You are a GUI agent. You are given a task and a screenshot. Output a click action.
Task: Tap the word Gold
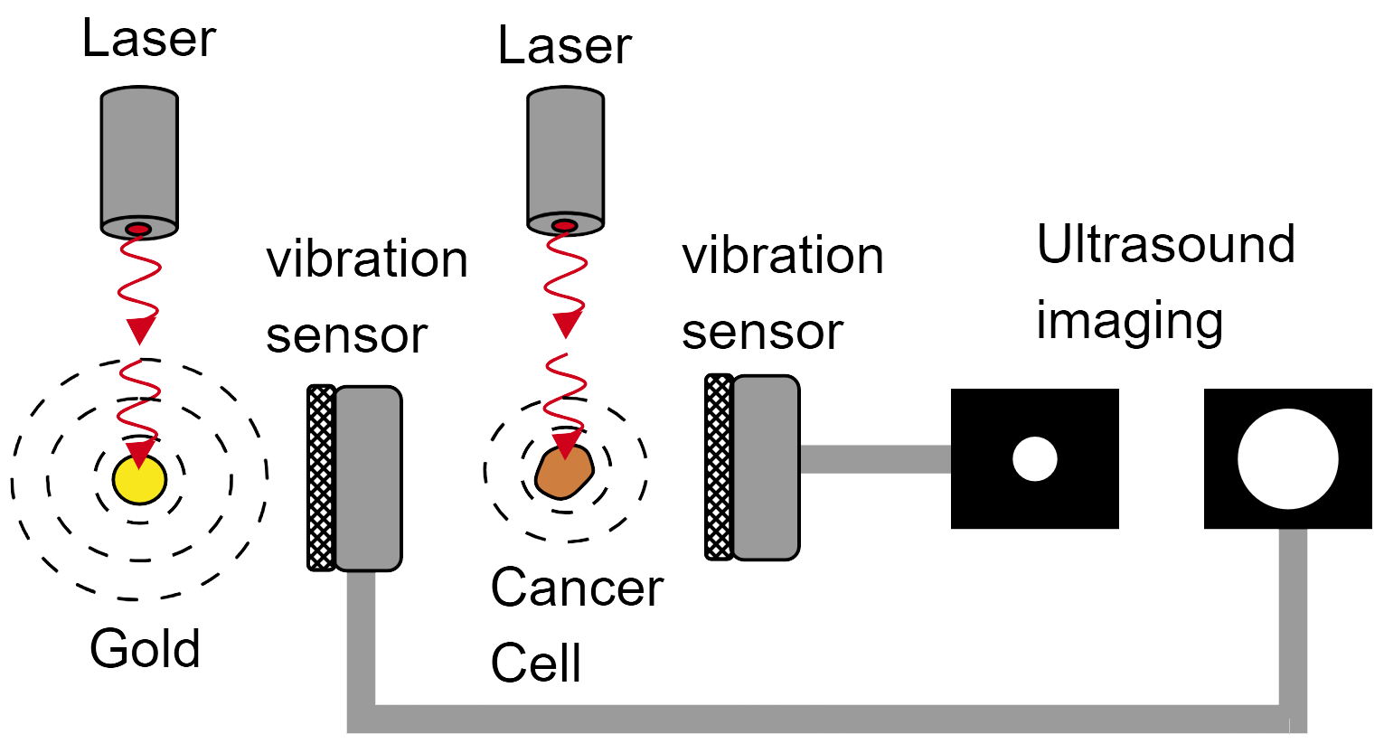click(x=145, y=648)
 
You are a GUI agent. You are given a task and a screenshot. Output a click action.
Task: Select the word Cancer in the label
click(x=577, y=588)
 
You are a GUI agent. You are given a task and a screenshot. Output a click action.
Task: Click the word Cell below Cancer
click(x=535, y=663)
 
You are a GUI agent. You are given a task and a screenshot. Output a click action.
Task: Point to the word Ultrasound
click(x=1165, y=244)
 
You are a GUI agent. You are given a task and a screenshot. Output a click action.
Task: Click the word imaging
click(x=1129, y=321)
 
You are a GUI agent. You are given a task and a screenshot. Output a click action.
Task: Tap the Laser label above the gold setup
click(x=149, y=39)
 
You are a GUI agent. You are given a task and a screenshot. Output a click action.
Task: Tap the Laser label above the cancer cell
click(x=564, y=46)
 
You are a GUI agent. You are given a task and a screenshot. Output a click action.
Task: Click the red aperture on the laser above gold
click(x=138, y=229)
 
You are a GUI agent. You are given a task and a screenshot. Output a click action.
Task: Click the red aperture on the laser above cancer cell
click(x=564, y=225)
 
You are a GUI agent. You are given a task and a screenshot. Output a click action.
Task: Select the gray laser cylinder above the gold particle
click(x=138, y=154)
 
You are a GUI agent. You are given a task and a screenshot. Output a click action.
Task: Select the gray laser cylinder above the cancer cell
click(x=565, y=152)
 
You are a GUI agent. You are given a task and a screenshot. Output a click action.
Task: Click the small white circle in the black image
click(x=1034, y=459)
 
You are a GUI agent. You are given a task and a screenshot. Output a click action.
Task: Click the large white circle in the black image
click(x=1287, y=459)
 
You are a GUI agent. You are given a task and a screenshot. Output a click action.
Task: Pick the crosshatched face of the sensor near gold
click(x=321, y=477)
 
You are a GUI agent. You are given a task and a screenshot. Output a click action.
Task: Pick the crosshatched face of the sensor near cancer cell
click(x=719, y=467)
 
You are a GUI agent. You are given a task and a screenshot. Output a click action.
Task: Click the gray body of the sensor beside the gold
click(x=368, y=477)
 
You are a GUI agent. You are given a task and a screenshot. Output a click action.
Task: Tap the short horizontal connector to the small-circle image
click(x=874, y=459)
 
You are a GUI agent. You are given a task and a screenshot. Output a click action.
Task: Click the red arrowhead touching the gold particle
click(x=139, y=452)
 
